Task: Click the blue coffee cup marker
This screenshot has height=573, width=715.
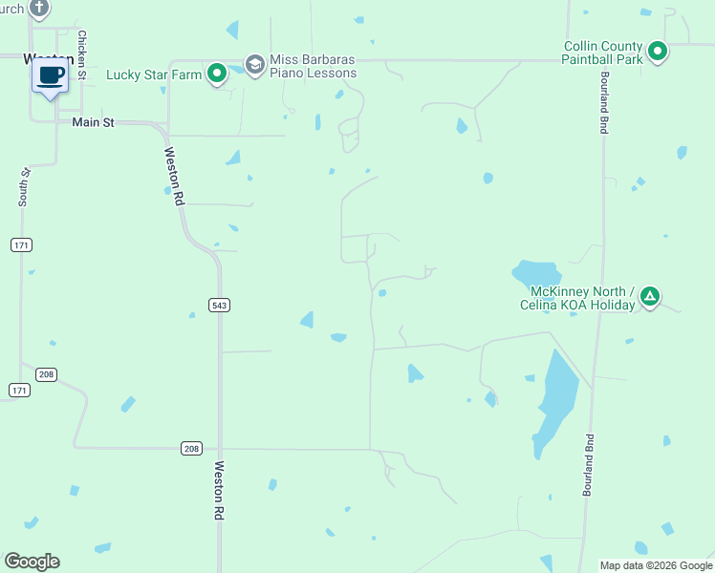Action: [x=52, y=75]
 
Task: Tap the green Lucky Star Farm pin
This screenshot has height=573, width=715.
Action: [x=217, y=73]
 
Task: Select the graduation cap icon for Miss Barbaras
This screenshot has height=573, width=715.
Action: [x=254, y=64]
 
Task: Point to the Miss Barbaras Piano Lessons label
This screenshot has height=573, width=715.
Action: [x=314, y=66]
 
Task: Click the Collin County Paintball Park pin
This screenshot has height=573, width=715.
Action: [x=657, y=51]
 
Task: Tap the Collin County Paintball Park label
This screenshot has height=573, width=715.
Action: [x=603, y=52]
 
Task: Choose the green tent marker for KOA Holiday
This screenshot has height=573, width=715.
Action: [x=649, y=297]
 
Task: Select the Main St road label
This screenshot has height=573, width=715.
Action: [x=93, y=122]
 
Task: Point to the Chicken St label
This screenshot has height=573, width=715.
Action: [x=82, y=55]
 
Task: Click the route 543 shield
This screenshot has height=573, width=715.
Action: [x=218, y=305]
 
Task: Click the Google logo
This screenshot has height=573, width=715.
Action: [x=32, y=562]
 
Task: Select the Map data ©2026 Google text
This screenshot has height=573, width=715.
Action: [x=655, y=565]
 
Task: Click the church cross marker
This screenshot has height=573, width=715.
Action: [x=38, y=9]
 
